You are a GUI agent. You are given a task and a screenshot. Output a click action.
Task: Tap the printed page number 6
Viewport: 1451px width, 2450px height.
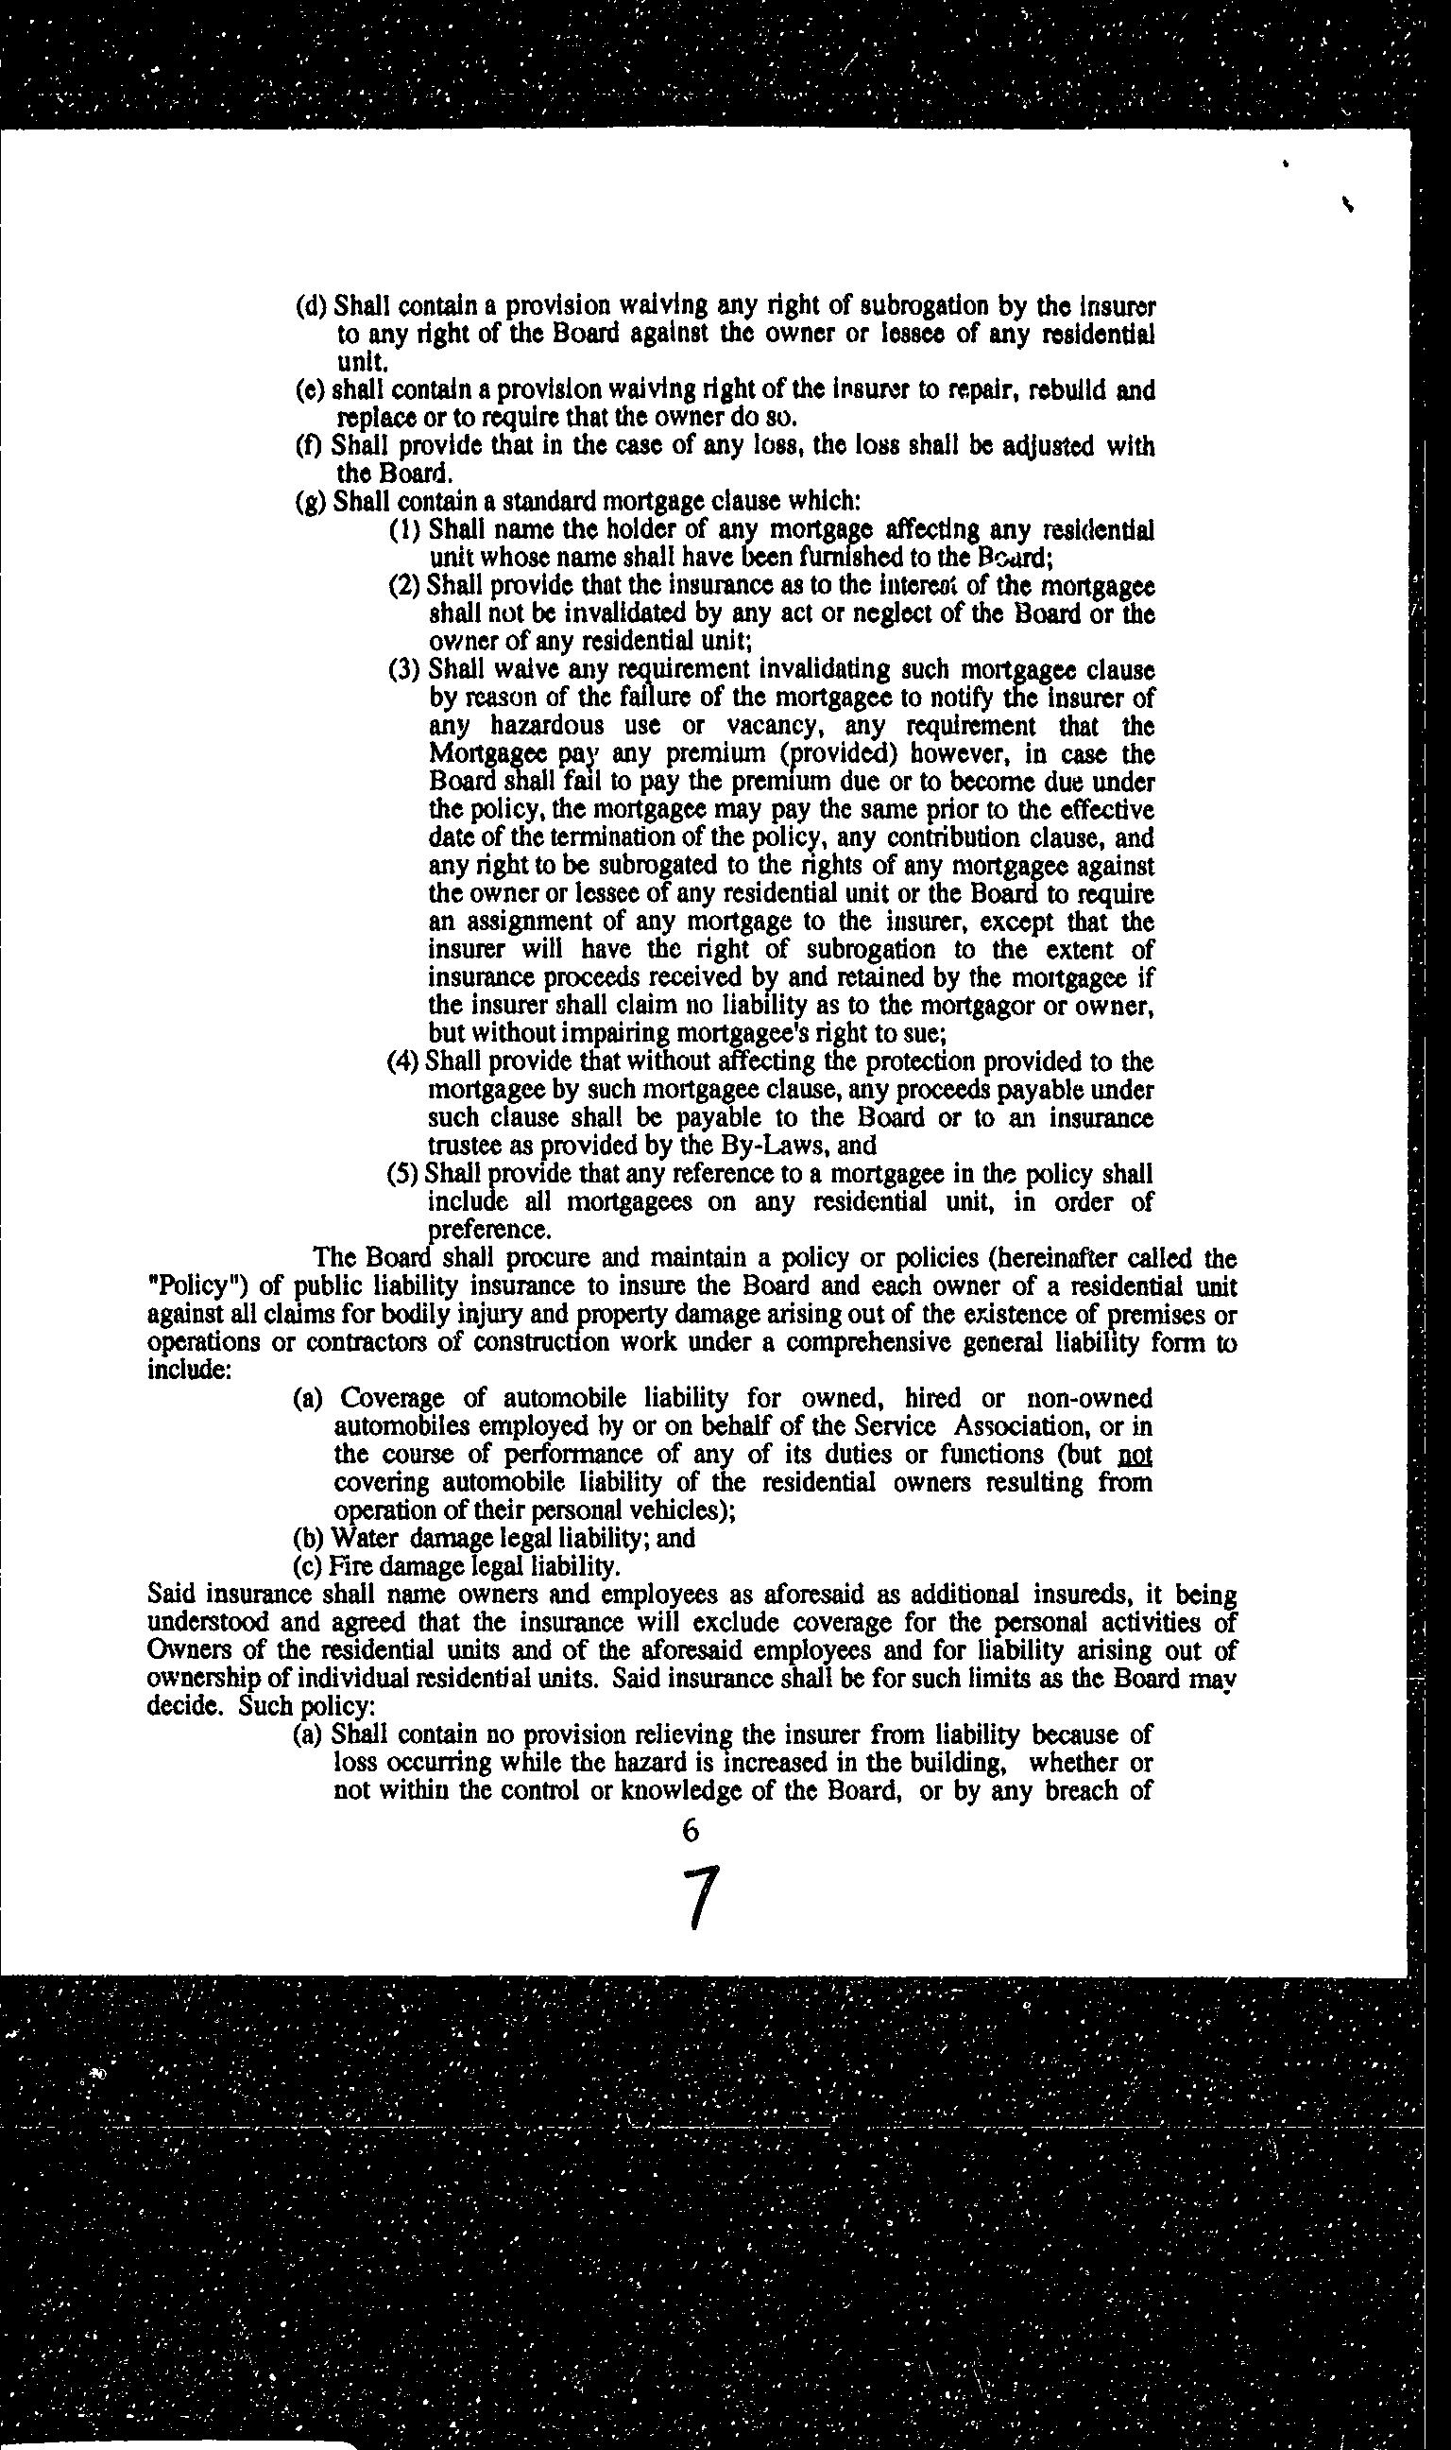691,1830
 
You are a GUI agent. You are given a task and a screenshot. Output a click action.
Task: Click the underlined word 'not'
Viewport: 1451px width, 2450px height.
1135,1455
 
